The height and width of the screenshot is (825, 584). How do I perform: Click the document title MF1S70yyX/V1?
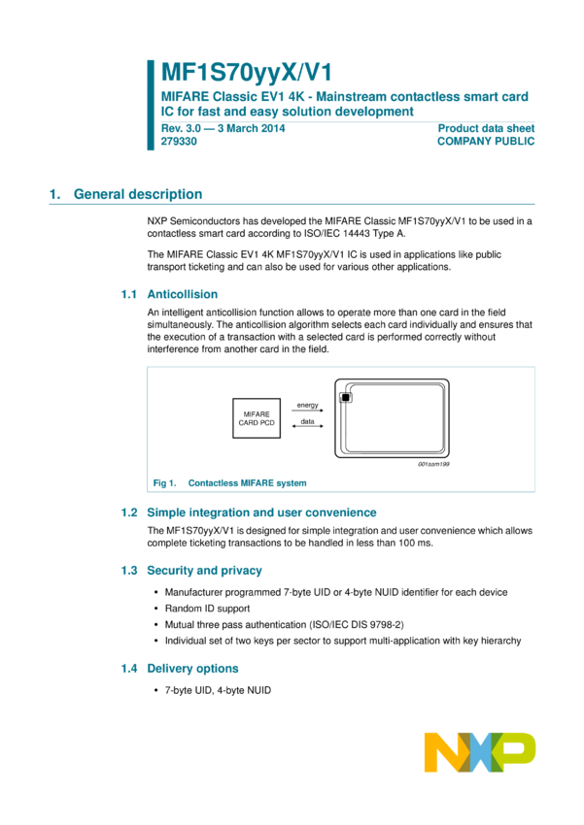tap(246, 71)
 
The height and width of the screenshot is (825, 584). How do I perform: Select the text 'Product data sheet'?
tap(486, 127)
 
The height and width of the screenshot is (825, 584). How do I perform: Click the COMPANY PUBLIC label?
tap(486, 141)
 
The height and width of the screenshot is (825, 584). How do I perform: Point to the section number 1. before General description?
tap(54, 194)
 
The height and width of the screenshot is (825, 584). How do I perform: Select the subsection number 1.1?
tap(128, 294)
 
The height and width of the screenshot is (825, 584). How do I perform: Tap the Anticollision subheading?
tap(182, 294)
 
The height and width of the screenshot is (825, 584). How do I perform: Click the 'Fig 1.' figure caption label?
tap(162, 482)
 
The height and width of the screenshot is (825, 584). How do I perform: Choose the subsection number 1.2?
tap(128, 512)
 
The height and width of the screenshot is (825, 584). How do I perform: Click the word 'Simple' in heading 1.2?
tap(165, 512)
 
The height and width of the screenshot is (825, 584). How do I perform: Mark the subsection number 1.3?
tap(128, 571)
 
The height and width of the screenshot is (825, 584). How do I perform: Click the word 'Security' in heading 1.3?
tap(169, 571)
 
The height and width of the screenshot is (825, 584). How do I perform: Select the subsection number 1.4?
tap(128, 669)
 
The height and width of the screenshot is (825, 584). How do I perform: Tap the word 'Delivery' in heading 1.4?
tap(170, 669)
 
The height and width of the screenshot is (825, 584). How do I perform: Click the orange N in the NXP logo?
tap(442, 752)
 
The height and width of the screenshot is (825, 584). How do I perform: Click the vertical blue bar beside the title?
tap(151, 105)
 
